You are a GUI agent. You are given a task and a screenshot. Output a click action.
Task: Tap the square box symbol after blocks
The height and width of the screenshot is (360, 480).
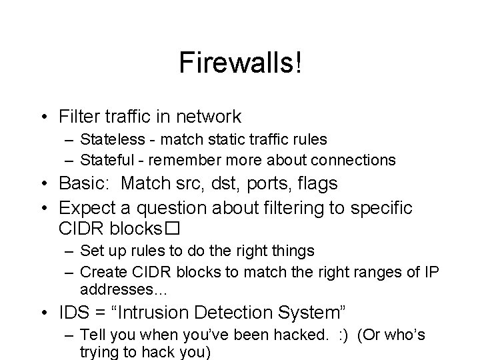pyautogui.click(x=175, y=229)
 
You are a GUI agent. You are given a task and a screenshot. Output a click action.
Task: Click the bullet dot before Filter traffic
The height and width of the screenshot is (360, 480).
pyautogui.click(x=49, y=117)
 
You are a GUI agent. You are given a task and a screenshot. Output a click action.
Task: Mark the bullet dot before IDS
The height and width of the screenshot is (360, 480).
pyautogui.click(x=49, y=311)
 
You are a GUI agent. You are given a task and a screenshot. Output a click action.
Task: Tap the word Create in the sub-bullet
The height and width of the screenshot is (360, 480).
pyautogui.click(x=100, y=271)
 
